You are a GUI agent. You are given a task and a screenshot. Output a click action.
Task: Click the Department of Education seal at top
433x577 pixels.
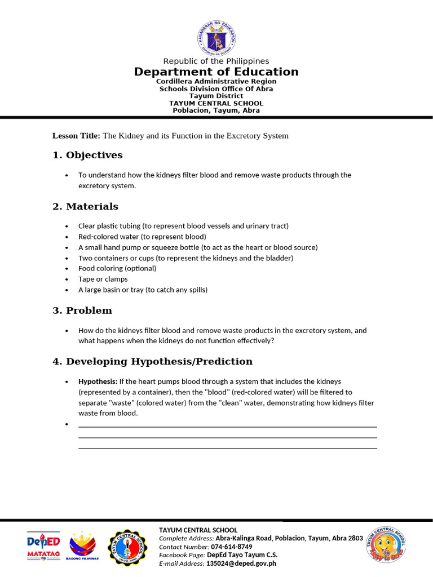click(216, 38)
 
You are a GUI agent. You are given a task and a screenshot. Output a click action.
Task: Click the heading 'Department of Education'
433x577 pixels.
click(216, 72)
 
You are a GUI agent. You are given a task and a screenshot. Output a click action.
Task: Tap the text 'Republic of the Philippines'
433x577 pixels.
click(216, 61)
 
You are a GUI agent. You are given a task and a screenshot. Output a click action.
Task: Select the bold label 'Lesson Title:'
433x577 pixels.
click(76, 136)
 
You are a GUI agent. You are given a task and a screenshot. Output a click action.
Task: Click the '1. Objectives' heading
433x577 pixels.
click(87, 155)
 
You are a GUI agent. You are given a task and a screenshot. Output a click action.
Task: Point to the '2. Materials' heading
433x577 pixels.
click(85, 206)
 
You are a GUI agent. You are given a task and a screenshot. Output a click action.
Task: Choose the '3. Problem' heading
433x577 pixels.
click(82, 310)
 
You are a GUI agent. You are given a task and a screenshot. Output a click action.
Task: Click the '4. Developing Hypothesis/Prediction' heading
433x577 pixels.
click(152, 361)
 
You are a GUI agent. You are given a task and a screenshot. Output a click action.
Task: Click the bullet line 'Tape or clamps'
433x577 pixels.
click(103, 279)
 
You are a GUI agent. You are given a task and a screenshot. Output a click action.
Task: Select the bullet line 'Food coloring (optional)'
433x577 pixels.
click(117, 268)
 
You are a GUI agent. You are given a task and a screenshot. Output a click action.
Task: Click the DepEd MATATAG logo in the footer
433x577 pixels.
click(44, 545)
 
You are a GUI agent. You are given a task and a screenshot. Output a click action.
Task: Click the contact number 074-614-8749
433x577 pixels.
click(231, 547)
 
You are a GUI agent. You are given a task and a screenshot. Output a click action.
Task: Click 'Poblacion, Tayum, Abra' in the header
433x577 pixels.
click(216, 110)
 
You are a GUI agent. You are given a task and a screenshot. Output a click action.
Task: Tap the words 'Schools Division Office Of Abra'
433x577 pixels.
click(216, 89)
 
